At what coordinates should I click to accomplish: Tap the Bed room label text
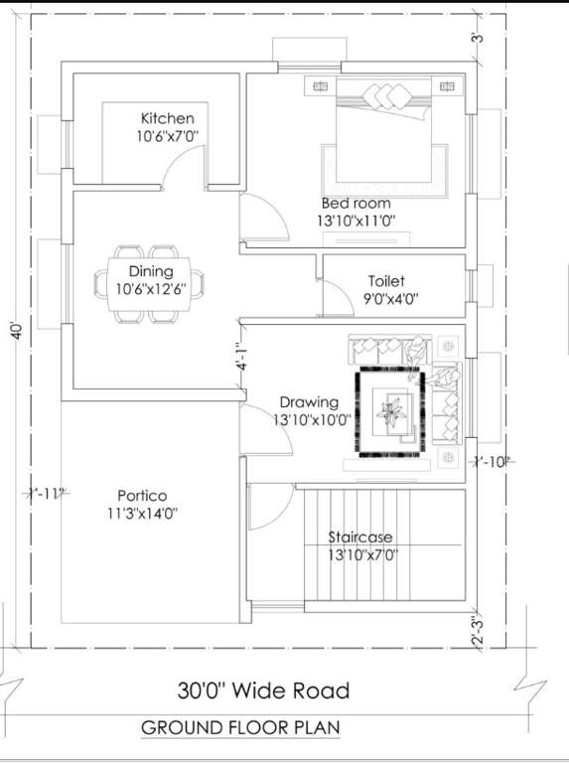[x=356, y=203]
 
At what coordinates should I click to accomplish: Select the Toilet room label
[x=386, y=281]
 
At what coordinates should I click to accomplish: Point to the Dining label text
[x=151, y=271]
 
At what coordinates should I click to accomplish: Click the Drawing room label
[x=309, y=402]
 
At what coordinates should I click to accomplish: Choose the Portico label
[x=142, y=495]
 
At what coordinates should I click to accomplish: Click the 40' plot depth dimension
[x=15, y=331]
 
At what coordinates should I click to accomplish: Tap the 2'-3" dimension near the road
[x=479, y=630]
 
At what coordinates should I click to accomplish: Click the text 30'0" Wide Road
[x=263, y=689]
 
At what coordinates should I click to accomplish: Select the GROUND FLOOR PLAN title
[x=240, y=728]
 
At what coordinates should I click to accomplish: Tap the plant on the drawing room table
[x=391, y=409]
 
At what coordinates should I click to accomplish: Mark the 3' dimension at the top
[x=478, y=40]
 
